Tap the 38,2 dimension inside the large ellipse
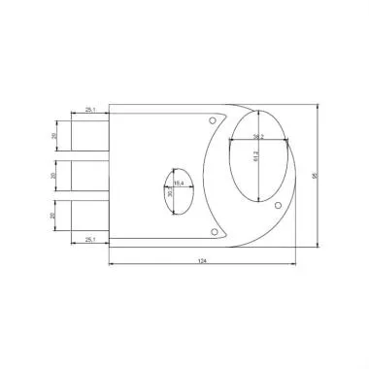pyautogui.click(x=258, y=137)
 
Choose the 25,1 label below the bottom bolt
pyautogui.click(x=89, y=237)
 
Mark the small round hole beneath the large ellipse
pyautogui.click(x=279, y=206)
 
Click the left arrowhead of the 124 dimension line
pyautogui.click(x=109, y=265)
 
